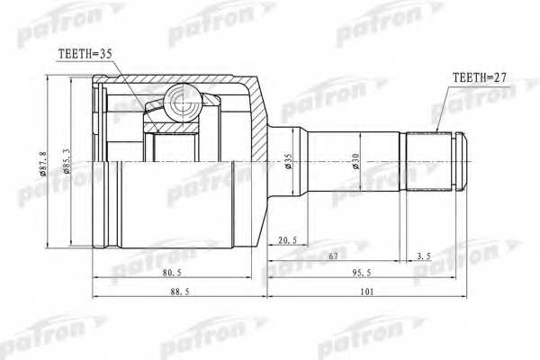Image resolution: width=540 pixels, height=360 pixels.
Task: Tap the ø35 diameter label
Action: pyautogui.click(x=288, y=162)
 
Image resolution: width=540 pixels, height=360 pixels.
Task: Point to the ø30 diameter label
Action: pyautogui.click(x=357, y=162)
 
